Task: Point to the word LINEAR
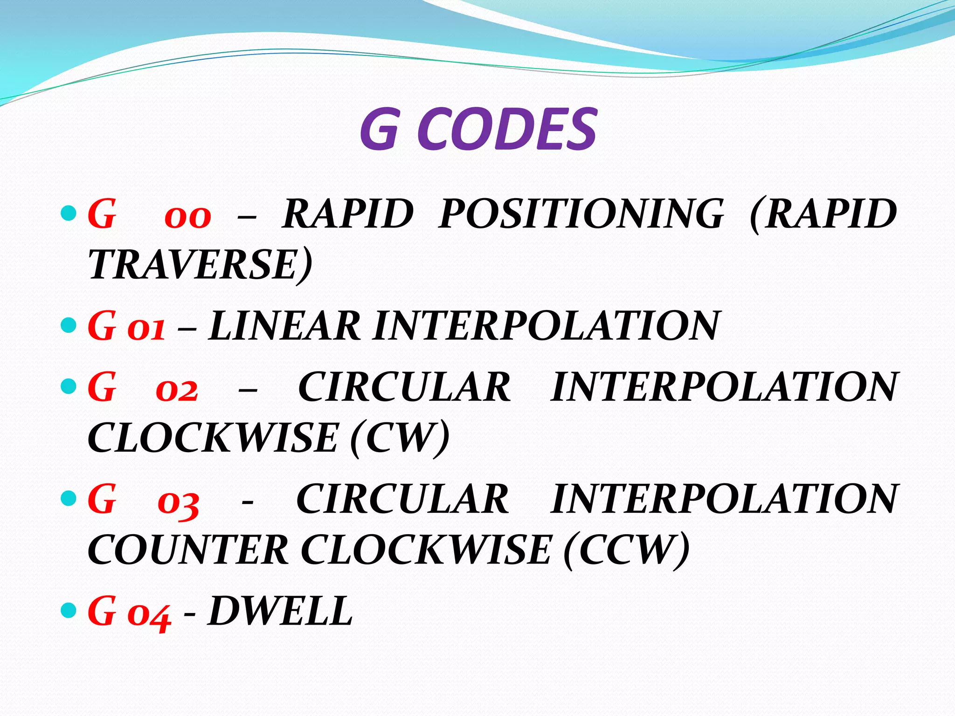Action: [x=284, y=326]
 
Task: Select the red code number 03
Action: [x=179, y=503]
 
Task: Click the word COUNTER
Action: [x=188, y=550]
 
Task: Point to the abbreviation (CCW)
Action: [x=626, y=550]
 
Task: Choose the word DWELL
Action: [x=280, y=611]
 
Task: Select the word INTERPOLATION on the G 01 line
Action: [x=546, y=326]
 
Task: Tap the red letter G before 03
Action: [x=102, y=499]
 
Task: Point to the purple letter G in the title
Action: [x=379, y=129]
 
